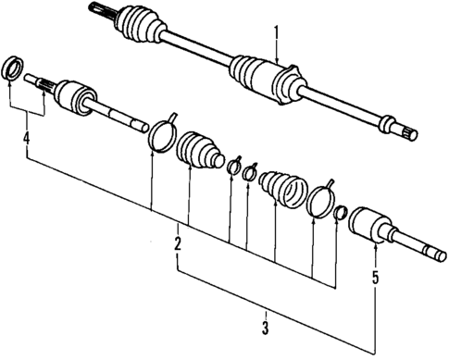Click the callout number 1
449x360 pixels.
pos(275,35)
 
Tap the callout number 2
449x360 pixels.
pos(176,247)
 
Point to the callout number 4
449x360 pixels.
pos(27,141)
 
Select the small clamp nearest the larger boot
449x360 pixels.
pos(233,168)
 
